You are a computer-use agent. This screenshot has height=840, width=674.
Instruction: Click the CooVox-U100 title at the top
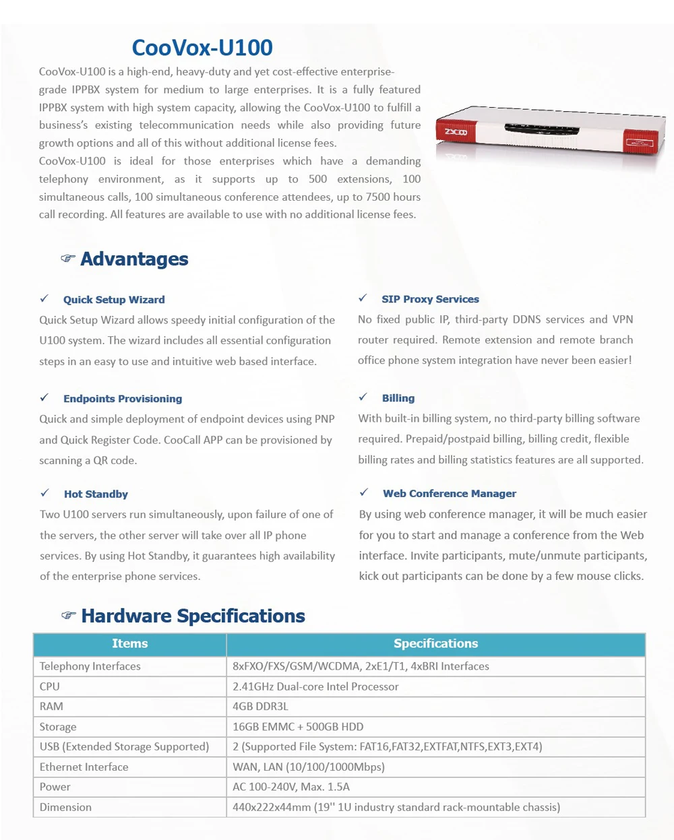202,48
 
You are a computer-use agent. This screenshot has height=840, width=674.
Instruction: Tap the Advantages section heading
134,259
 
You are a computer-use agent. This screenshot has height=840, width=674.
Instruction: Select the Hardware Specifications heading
193,616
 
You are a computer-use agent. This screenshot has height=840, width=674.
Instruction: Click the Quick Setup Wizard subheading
114,300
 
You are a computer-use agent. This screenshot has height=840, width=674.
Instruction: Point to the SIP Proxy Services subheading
430,299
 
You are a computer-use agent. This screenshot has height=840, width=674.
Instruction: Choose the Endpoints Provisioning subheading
123,399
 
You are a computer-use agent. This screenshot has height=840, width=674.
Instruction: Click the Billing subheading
398,398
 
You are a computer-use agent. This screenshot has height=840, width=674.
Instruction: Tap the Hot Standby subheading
96,494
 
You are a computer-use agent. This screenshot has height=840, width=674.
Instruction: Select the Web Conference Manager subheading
450,493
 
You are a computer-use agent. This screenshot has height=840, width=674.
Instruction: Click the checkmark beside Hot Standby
44,493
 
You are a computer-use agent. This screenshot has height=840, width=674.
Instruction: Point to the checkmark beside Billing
363,397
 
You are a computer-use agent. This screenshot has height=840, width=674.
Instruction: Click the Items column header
129,644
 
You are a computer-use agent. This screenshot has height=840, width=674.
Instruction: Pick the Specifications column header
435,644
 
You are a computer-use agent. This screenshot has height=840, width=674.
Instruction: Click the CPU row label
50,686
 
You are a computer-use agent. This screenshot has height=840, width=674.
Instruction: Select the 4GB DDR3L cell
260,707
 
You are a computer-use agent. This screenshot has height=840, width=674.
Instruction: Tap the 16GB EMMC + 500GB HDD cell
298,727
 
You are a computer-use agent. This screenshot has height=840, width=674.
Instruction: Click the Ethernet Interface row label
84,767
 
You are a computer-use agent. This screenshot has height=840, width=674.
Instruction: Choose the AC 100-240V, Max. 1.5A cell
291,787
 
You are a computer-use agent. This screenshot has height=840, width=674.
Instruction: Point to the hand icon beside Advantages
67,259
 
